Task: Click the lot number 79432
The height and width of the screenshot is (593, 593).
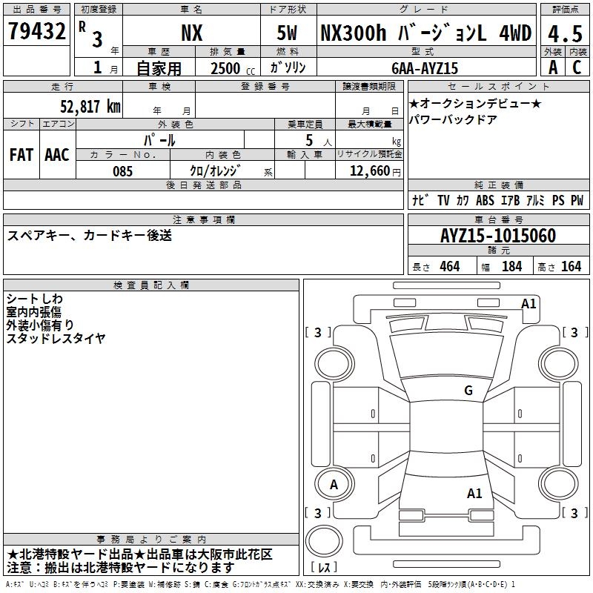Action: (36, 31)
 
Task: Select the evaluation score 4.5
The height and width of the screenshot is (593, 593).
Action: (565, 33)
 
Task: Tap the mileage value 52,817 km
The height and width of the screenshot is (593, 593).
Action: (90, 107)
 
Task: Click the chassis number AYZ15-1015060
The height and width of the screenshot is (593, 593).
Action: (498, 236)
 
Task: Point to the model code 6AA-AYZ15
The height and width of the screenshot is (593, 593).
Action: (425, 68)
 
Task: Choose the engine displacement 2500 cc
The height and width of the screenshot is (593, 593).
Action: (233, 68)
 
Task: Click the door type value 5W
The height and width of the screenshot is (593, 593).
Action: (287, 33)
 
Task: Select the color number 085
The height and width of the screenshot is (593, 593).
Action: (122, 171)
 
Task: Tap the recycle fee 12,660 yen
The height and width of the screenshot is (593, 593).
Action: (375, 171)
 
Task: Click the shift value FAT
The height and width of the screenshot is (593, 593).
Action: (21, 155)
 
